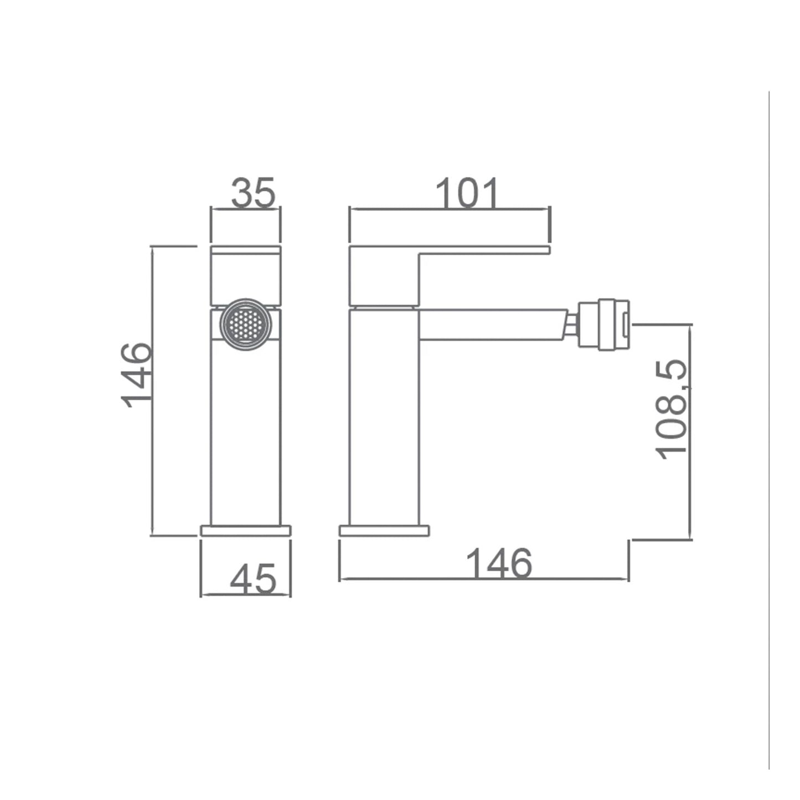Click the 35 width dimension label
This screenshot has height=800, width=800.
coord(253,193)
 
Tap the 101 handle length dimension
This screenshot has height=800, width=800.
coord(468,193)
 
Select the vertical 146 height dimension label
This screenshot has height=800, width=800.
coord(136,375)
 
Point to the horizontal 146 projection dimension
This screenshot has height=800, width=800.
coord(499,563)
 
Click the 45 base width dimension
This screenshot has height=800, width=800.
coord(252,579)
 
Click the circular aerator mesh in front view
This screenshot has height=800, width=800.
coord(246,324)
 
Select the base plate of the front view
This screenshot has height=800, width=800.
coord(246,531)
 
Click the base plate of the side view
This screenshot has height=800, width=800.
coord(384,531)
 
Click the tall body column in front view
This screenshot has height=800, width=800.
coord(246,432)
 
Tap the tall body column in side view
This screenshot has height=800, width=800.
coord(384,421)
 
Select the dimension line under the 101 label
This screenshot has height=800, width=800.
coord(450,209)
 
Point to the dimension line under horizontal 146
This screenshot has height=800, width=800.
coord(483,579)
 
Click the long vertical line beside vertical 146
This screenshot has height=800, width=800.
coord(152,391)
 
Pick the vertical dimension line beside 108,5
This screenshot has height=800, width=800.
coord(690,432)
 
